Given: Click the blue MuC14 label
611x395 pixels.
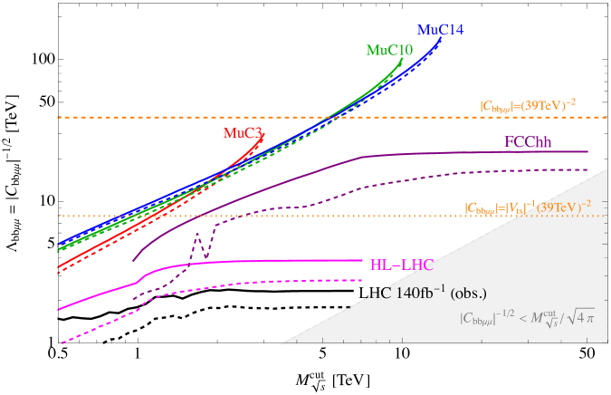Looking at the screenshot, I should [441, 30].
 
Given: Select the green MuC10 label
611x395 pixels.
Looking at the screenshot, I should [389, 50].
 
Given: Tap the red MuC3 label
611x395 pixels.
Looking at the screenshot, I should [243, 133].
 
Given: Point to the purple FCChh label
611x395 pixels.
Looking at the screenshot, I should [528, 142].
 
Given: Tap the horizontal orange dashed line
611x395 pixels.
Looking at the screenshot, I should [272, 118].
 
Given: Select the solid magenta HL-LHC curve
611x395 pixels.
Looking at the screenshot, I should [272, 261].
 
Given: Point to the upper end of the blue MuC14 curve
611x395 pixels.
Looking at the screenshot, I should [441, 39].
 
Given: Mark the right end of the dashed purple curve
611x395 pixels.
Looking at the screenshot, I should [587, 169].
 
